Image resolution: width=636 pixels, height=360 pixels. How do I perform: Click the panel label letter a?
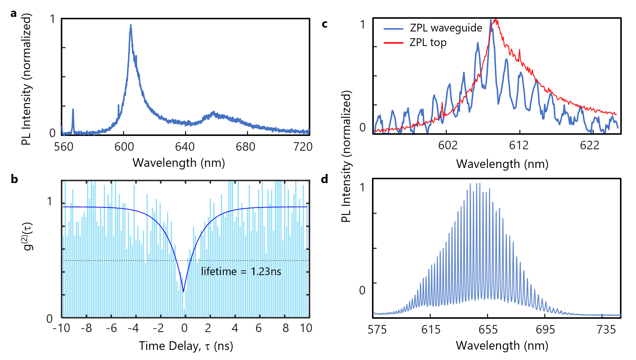pos(13,14)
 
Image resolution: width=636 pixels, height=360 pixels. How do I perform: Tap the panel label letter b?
pos(14,179)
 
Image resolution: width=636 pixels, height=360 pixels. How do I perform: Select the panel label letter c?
pos(325,24)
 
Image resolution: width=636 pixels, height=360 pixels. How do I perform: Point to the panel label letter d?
pos(325,179)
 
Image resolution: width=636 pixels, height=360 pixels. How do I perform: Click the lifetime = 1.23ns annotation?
pos(241,271)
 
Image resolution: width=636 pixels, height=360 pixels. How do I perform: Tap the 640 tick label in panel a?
pos(185,147)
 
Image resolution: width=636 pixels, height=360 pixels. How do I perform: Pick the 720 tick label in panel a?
pos(303,147)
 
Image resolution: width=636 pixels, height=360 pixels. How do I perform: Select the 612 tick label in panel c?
pos(519,145)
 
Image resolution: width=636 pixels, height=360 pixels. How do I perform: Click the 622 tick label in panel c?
pos(589,145)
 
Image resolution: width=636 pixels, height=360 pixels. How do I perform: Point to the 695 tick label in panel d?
pos(545,329)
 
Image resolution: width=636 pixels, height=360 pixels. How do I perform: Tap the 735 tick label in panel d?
pos(606,329)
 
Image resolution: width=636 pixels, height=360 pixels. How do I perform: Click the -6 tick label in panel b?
pos(112,328)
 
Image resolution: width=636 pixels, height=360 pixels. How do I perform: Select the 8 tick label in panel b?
pos(285,328)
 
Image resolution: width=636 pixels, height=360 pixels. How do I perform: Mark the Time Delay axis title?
pos(186,346)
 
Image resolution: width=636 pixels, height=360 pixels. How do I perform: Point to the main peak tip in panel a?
pos(131,25)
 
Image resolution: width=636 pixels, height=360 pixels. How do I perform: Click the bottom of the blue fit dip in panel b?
pos(184,291)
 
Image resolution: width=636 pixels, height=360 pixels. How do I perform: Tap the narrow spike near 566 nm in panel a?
pos(73,110)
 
